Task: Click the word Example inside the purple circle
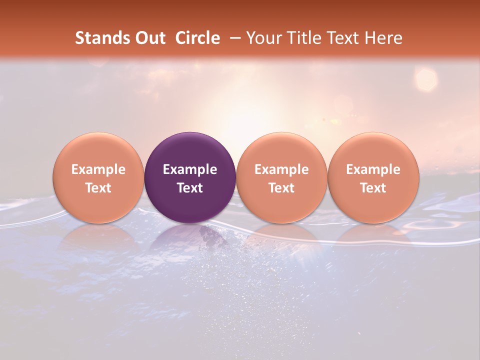(x=190, y=169)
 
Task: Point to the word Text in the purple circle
(x=190, y=188)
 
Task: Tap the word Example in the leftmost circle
(x=98, y=169)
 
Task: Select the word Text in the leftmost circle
(x=98, y=188)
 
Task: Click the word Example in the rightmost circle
(x=373, y=169)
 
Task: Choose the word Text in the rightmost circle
(x=373, y=188)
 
